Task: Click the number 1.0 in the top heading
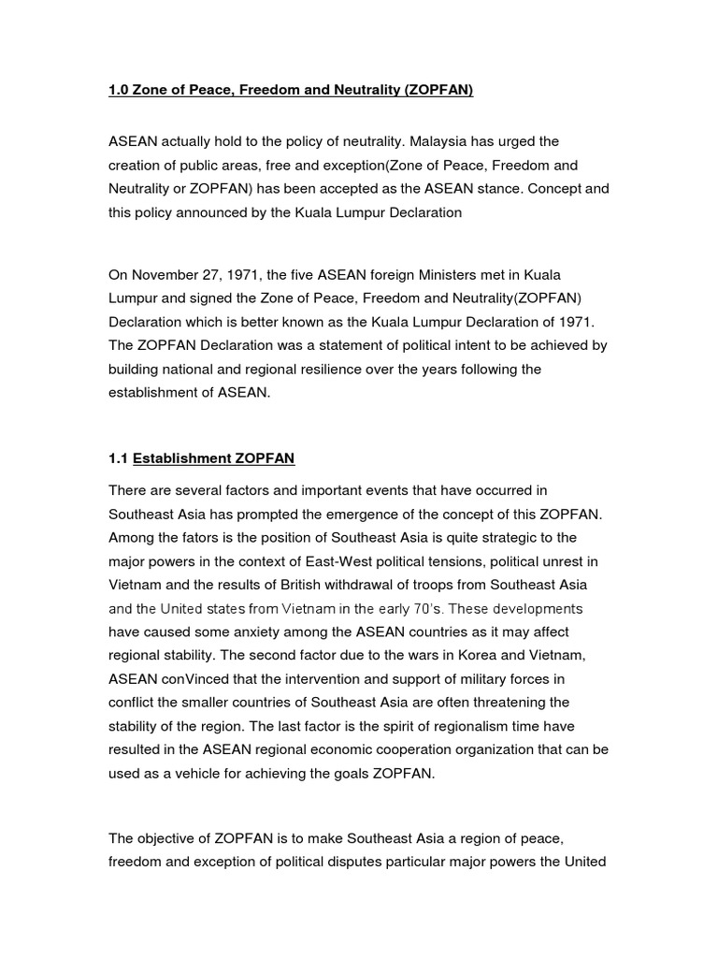[x=120, y=91]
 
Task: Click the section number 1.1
[x=119, y=458]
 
